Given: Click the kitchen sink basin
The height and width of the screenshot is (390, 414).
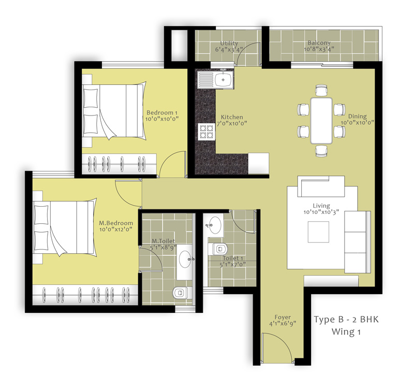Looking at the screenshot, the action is pos(224,80).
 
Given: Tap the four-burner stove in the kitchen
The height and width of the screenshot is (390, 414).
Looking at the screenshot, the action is pos(206,132).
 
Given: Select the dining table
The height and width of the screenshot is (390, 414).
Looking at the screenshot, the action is pos(321,121).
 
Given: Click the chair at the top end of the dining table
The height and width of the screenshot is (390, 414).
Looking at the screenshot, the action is pos(321,90).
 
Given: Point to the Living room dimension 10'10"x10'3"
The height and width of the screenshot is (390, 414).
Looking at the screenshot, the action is pos(321,212).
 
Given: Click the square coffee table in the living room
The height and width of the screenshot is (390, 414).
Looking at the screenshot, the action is pos(318,232).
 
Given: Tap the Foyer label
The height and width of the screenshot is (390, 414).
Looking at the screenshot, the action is pos(283,317).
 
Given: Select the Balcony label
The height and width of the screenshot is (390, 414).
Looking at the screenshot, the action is pos(319,43).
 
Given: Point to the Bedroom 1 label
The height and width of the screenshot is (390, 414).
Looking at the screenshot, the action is pos(162,112).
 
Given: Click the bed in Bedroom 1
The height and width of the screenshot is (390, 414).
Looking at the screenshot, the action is pos(114,110).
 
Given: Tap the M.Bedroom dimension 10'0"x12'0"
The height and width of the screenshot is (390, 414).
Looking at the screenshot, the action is pos(115,229).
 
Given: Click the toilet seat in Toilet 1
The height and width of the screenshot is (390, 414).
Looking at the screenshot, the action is pos(218,249).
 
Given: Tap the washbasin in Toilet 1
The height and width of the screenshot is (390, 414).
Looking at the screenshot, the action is pos(215,225).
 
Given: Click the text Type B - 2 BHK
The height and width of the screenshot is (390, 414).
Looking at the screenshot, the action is pos(346,320).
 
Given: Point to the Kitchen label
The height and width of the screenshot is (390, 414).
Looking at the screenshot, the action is pos(232,117).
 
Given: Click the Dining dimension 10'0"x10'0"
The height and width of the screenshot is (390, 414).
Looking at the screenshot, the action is pos(357,123).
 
